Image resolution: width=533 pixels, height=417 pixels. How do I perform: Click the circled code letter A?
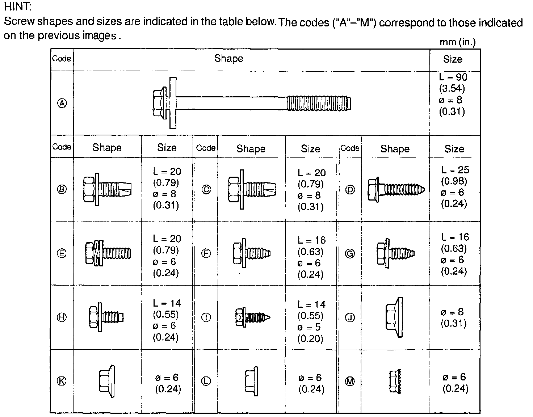[62, 104]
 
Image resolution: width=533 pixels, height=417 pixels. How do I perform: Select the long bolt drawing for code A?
[251, 103]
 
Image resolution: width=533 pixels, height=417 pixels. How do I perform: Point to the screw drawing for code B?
[107, 189]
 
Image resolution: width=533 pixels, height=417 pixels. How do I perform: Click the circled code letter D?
[350, 190]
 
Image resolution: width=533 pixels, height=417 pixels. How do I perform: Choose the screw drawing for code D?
[395, 189]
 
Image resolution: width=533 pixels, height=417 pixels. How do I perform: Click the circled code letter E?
[62, 253]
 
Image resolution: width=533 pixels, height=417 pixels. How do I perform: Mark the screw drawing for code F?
[251, 253]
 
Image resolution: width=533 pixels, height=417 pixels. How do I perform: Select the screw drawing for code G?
[395, 253]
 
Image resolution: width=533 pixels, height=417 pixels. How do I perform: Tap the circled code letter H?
[62, 317]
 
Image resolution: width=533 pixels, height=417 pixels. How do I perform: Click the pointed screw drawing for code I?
[252, 317]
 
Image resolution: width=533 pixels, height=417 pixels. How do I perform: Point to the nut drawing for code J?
[394, 317]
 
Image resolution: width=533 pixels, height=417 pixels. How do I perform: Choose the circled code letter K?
[62, 381]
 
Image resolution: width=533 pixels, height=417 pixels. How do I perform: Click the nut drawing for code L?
[251, 380]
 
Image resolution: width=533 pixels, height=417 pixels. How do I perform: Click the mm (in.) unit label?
[457, 42]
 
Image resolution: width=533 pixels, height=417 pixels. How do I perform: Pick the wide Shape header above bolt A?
[228, 59]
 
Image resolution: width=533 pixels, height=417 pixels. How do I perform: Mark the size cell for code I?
[311, 321]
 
